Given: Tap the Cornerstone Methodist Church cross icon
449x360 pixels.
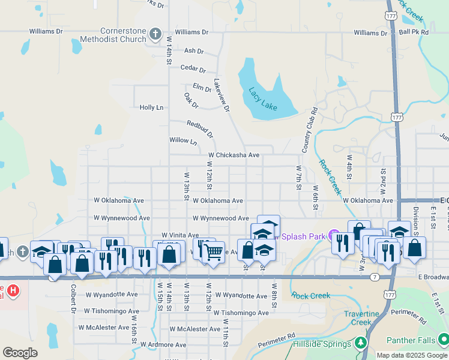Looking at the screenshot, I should coord(155,34).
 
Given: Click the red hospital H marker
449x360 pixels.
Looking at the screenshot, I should coord(13,292).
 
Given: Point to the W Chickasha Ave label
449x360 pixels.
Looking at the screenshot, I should coord(234,155).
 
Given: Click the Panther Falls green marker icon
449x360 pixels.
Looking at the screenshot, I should coord(443,340).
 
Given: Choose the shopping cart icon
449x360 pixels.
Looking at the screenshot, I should coord(213,253).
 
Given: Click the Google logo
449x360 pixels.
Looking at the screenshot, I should coord(20,353).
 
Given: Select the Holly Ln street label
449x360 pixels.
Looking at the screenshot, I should coord(151,107).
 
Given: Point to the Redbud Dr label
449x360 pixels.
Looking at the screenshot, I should coord(200,129).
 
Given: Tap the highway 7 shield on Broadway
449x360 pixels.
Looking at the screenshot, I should coord(374,277).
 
